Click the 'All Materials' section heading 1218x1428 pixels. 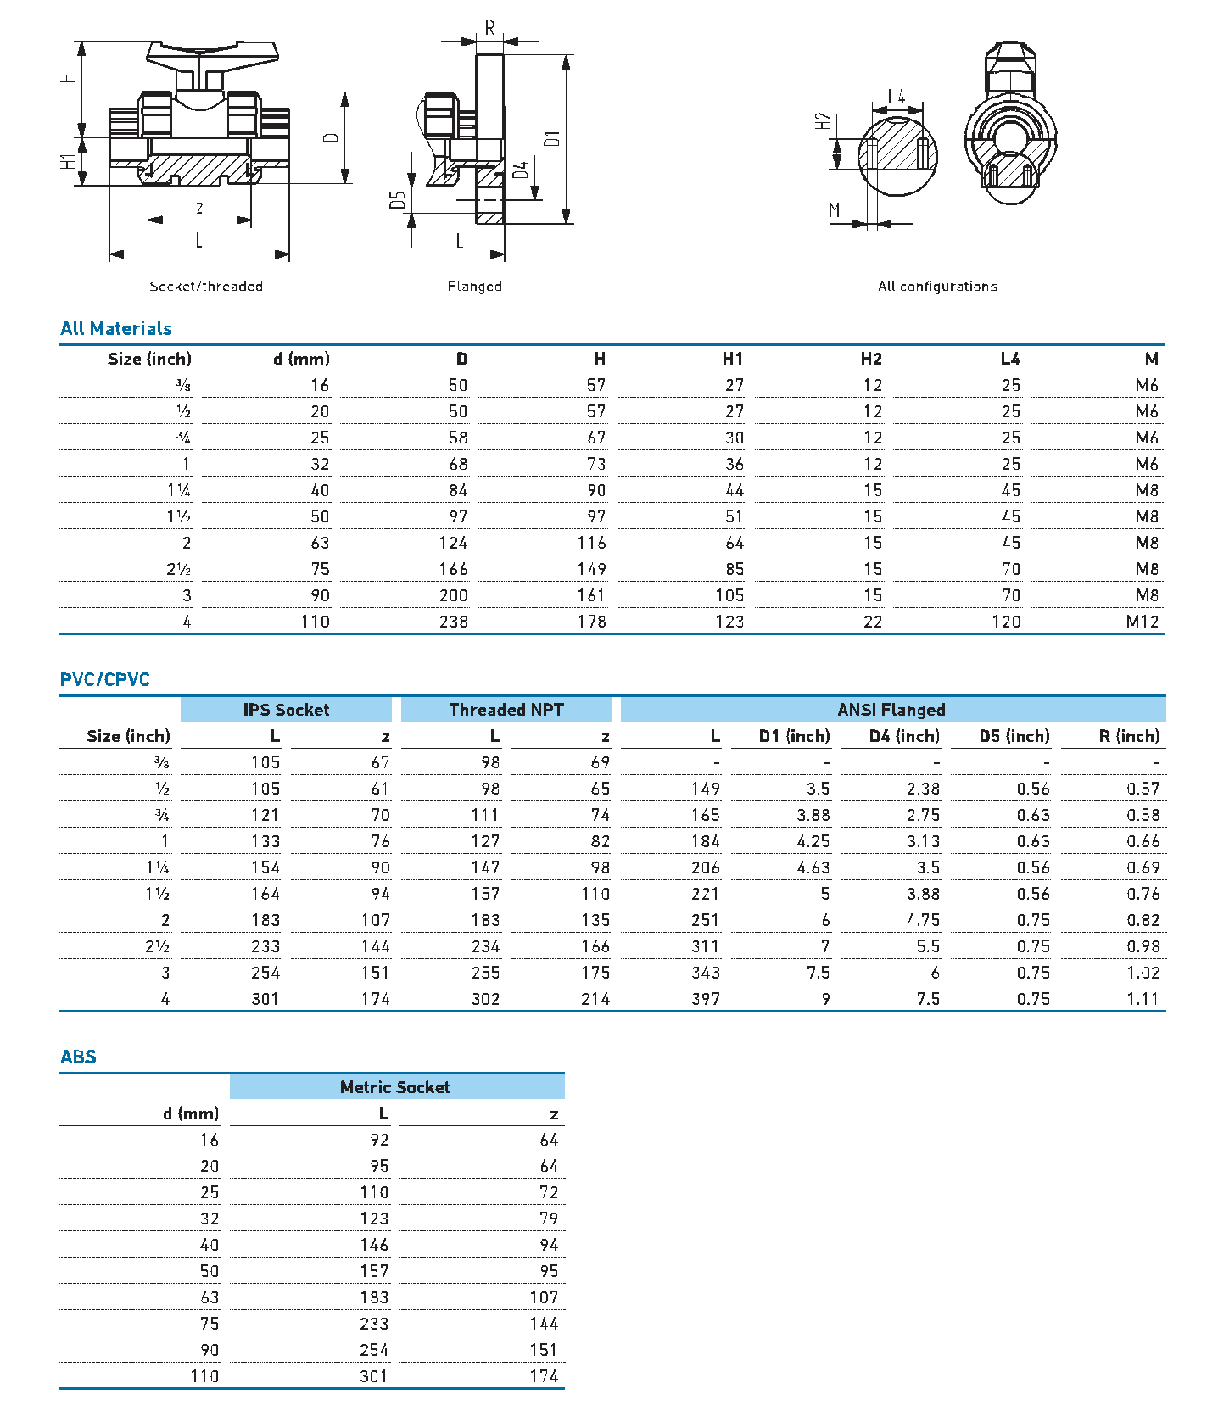(115, 329)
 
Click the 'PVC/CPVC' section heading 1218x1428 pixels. (104, 679)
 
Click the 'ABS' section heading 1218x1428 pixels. (78, 1057)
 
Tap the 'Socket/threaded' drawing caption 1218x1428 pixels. (206, 287)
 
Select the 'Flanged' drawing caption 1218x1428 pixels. (474, 287)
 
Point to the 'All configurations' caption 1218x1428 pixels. (937, 287)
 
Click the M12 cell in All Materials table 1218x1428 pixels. (1142, 622)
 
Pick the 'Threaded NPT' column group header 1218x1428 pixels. (506, 710)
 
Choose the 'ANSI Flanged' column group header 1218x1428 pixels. (891, 710)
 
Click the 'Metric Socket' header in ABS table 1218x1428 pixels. (394, 1087)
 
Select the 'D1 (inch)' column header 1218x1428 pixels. (794, 736)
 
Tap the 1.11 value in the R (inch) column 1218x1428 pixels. (1143, 999)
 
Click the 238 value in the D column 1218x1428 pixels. (453, 622)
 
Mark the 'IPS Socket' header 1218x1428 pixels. (286, 710)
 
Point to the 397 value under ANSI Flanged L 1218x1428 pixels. (705, 999)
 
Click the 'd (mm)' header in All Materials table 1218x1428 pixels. (301, 359)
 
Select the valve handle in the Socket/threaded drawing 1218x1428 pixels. (212, 54)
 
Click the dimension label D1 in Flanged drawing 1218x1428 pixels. (552, 138)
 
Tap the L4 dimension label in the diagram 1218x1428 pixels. (896, 97)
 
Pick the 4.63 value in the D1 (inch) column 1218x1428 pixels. (813, 867)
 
